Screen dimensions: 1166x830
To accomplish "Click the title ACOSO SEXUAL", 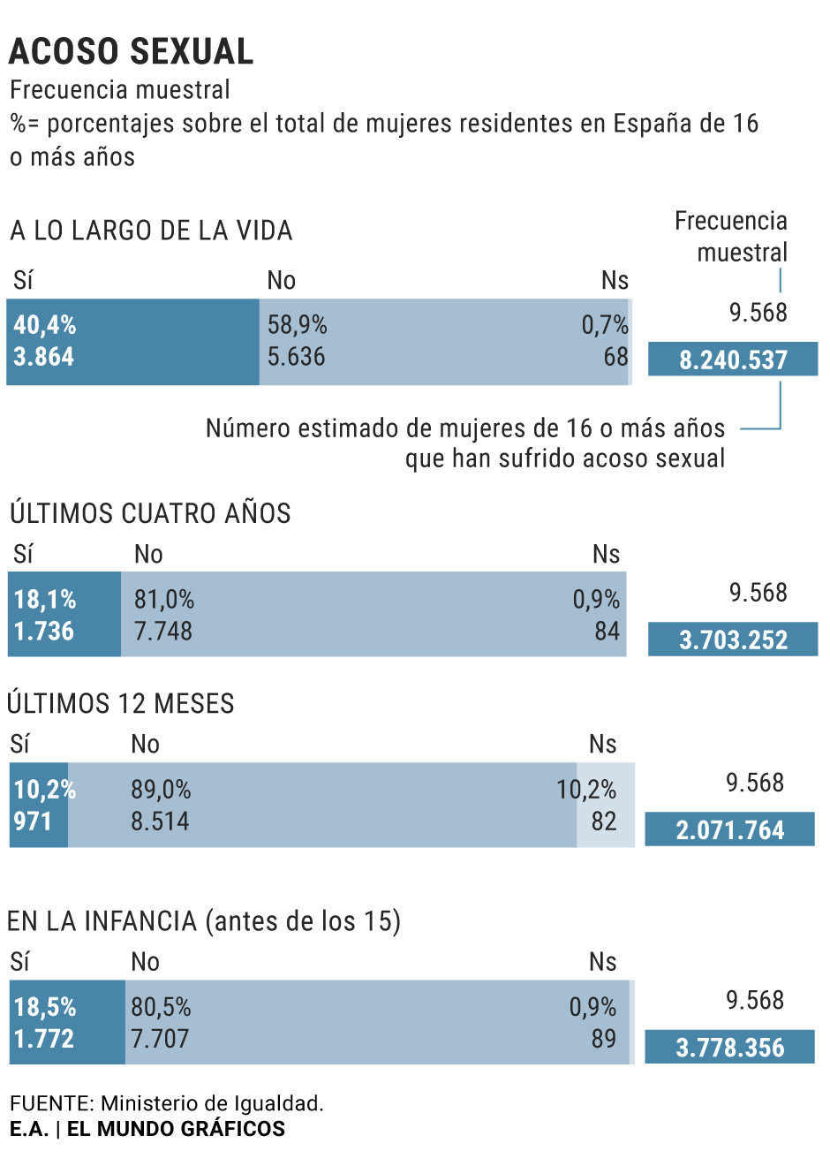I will click(x=131, y=51).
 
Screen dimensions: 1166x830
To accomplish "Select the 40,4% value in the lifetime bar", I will click(x=45, y=325).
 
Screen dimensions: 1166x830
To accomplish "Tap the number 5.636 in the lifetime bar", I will click(x=297, y=357).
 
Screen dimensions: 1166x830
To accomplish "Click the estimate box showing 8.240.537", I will click(x=733, y=360).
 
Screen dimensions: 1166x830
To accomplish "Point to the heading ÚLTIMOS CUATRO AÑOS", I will click(x=150, y=513).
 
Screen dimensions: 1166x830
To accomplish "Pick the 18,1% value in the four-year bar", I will click(x=45, y=600).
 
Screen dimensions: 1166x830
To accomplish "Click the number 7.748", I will click(x=163, y=632).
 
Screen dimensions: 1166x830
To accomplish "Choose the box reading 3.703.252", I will click(x=733, y=640).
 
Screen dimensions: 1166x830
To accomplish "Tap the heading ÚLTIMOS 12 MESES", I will click(x=121, y=704).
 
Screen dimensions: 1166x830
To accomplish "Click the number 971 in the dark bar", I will click(x=33, y=821).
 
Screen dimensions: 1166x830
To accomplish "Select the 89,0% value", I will click(x=161, y=790).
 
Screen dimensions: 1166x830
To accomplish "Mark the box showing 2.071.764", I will click(x=729, y=830).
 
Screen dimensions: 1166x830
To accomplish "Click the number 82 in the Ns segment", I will click(x=604, y=821).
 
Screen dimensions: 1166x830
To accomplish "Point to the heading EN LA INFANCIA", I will click(x=203, y=921).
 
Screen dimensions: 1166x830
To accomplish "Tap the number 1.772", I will click(x=44, y=1039).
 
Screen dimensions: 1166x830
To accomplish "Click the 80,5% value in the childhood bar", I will click(x=161, y=1007).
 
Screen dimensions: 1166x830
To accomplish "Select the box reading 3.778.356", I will click(x=729, y=1048).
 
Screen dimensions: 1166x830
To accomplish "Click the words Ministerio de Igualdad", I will click(x=212, y=1103).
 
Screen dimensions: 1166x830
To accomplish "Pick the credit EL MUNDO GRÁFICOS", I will click(x=176, y=1129).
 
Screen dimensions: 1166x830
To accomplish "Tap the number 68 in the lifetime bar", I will click(x=615, y=357).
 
